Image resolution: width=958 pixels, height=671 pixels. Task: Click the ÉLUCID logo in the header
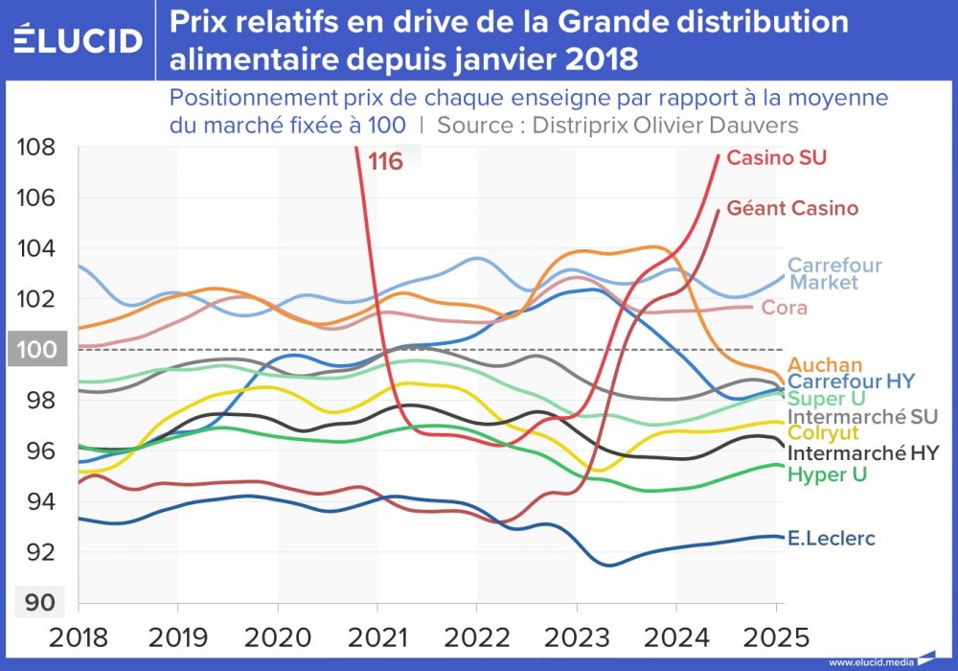(79, 40)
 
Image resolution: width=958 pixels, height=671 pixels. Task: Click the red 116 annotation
(385, 161)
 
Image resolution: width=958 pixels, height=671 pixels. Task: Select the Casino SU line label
(776, 157)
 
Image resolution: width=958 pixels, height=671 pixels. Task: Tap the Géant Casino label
(792, 207)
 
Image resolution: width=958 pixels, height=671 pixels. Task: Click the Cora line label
(784, 308)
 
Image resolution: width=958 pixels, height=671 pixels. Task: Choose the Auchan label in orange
(825, 364)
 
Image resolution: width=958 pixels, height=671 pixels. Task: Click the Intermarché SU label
(861, 416)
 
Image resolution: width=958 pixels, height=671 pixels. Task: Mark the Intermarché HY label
(862, 452)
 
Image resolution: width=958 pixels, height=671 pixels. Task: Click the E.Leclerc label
(830, 539)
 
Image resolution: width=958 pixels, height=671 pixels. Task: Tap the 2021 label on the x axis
(377, 636)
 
